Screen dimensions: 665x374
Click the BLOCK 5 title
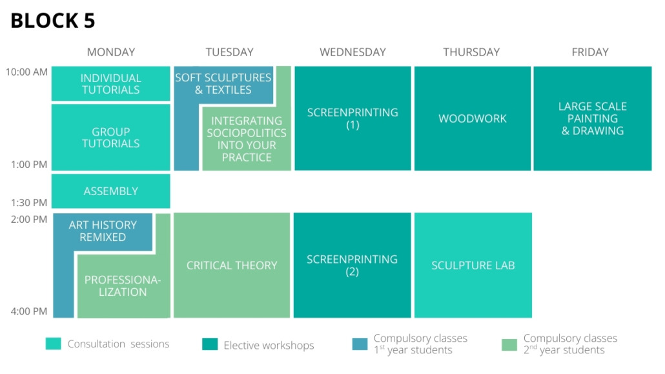[52, 21]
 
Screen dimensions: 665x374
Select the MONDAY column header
[110, 52]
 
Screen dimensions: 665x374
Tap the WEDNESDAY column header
[353, 52]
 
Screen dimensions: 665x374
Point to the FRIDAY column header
[590, 52]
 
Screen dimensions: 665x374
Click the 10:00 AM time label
[26, 72]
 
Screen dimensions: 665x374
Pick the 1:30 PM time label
[29, 203]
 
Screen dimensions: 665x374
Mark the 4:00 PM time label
[29, 311]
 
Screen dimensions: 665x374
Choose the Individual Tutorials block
[110, 83]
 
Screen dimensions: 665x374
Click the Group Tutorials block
[110, 138]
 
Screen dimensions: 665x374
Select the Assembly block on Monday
[110, 191]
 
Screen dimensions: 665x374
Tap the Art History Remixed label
[103, 231]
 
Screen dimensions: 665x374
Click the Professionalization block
[123, 286]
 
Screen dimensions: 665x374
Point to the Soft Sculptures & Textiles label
[223, 83]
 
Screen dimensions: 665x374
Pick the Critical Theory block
[232, 265]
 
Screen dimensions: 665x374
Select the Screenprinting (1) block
[353, 118]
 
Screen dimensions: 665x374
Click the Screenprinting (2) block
[352, 265]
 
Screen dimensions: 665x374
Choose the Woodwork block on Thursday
[473, 118]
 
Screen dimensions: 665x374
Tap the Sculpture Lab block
[473, 265]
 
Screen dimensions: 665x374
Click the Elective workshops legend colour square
[210, 344]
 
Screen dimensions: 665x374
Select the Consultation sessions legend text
[118, 344]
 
